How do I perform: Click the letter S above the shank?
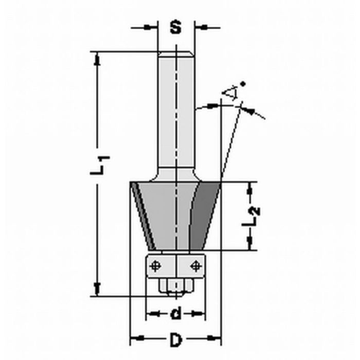point(176,27)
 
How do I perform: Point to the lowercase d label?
point(175,313)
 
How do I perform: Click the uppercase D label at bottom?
point(176,339)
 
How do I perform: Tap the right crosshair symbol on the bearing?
point(194,265)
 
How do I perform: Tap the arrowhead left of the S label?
point(152,27)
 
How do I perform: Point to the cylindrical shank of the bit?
point(176,113)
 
